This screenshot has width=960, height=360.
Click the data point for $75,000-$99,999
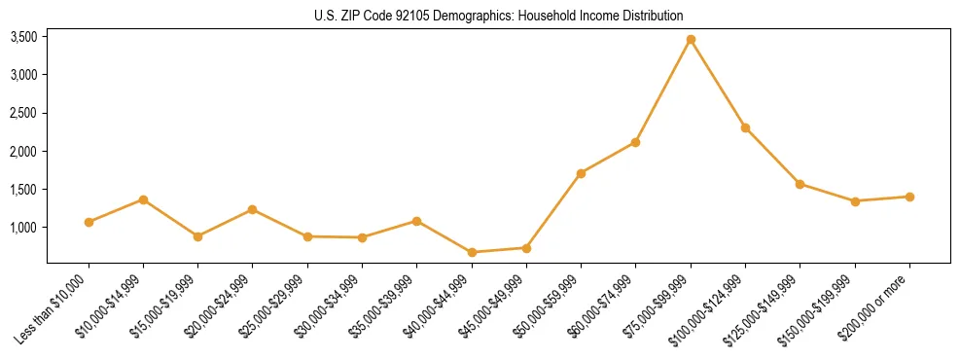(691, 40)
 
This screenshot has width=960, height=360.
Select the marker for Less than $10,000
(89, 222)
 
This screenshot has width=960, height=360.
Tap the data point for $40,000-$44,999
(472, 252)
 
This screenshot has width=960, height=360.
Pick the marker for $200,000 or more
(909, 197)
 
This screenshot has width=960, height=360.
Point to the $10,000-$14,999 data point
(143, 199)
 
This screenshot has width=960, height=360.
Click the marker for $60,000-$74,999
(635, 142)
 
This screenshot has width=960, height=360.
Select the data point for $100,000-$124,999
(745, 127)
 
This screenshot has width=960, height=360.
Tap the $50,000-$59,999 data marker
(581, 173)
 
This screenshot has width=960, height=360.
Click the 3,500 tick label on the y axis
(23, 37)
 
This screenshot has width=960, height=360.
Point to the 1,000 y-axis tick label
(23, 228)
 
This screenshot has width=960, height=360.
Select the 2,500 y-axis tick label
(23, 113)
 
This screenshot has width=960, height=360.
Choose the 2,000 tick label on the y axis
(23, 152)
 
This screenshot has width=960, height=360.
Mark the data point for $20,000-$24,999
(253, 209)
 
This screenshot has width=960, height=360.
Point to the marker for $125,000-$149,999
(800, 184)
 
